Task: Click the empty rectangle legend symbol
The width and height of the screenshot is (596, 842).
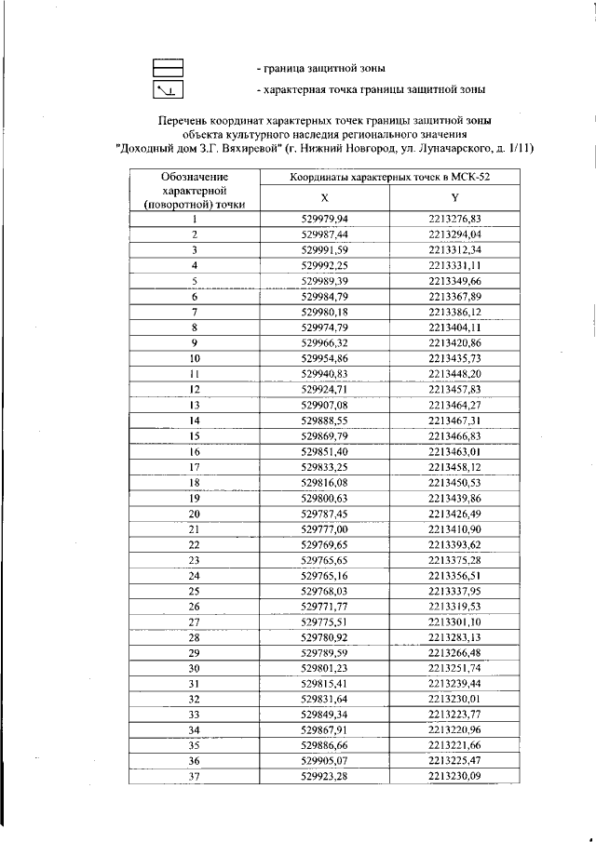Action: [169, 67]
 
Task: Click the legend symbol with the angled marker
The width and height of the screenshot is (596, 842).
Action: [169, 89]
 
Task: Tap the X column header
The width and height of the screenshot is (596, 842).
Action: [324, 198]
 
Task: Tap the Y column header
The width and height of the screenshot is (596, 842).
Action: [454, 198]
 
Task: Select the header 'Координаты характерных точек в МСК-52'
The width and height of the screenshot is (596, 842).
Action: [389, 176]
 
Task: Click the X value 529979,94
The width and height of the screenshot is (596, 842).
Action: [325, 219]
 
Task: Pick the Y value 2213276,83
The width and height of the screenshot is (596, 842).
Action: [454, 219]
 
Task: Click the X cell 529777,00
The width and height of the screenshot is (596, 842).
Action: [325, 528]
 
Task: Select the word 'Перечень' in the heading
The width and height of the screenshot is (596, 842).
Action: [185, 121]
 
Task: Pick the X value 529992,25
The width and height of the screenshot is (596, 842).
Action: [325, 265]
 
